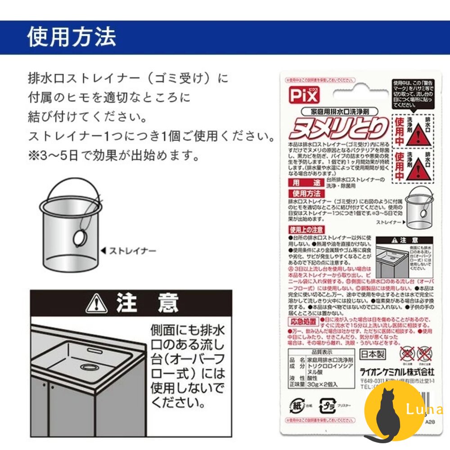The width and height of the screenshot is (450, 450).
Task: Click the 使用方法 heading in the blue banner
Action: coord(72,37)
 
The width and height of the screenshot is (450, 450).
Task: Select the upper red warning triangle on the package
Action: coord(417,135)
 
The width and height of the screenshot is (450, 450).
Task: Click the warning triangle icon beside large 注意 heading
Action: coord(96,304)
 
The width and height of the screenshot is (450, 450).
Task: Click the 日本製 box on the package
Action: coord(373,354)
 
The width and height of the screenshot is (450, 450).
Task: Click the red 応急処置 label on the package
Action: coord(302,321)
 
